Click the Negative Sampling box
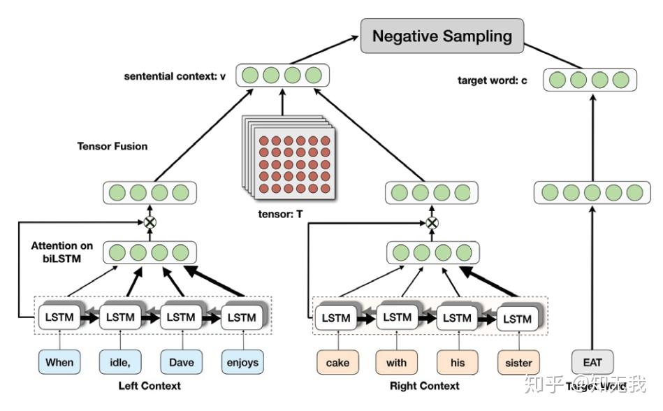[442, 36]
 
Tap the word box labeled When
[59, 362]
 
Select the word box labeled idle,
[120, 362]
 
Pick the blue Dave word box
[181, 362]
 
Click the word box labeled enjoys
[242, 362]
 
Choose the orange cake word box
[337, 363]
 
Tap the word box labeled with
[398, 363]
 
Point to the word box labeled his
[458, 363]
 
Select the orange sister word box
[518, 363]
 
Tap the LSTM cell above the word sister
[517, 319]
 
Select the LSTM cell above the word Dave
[181, 317]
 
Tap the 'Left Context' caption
[150, 385]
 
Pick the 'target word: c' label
[493, 81]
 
